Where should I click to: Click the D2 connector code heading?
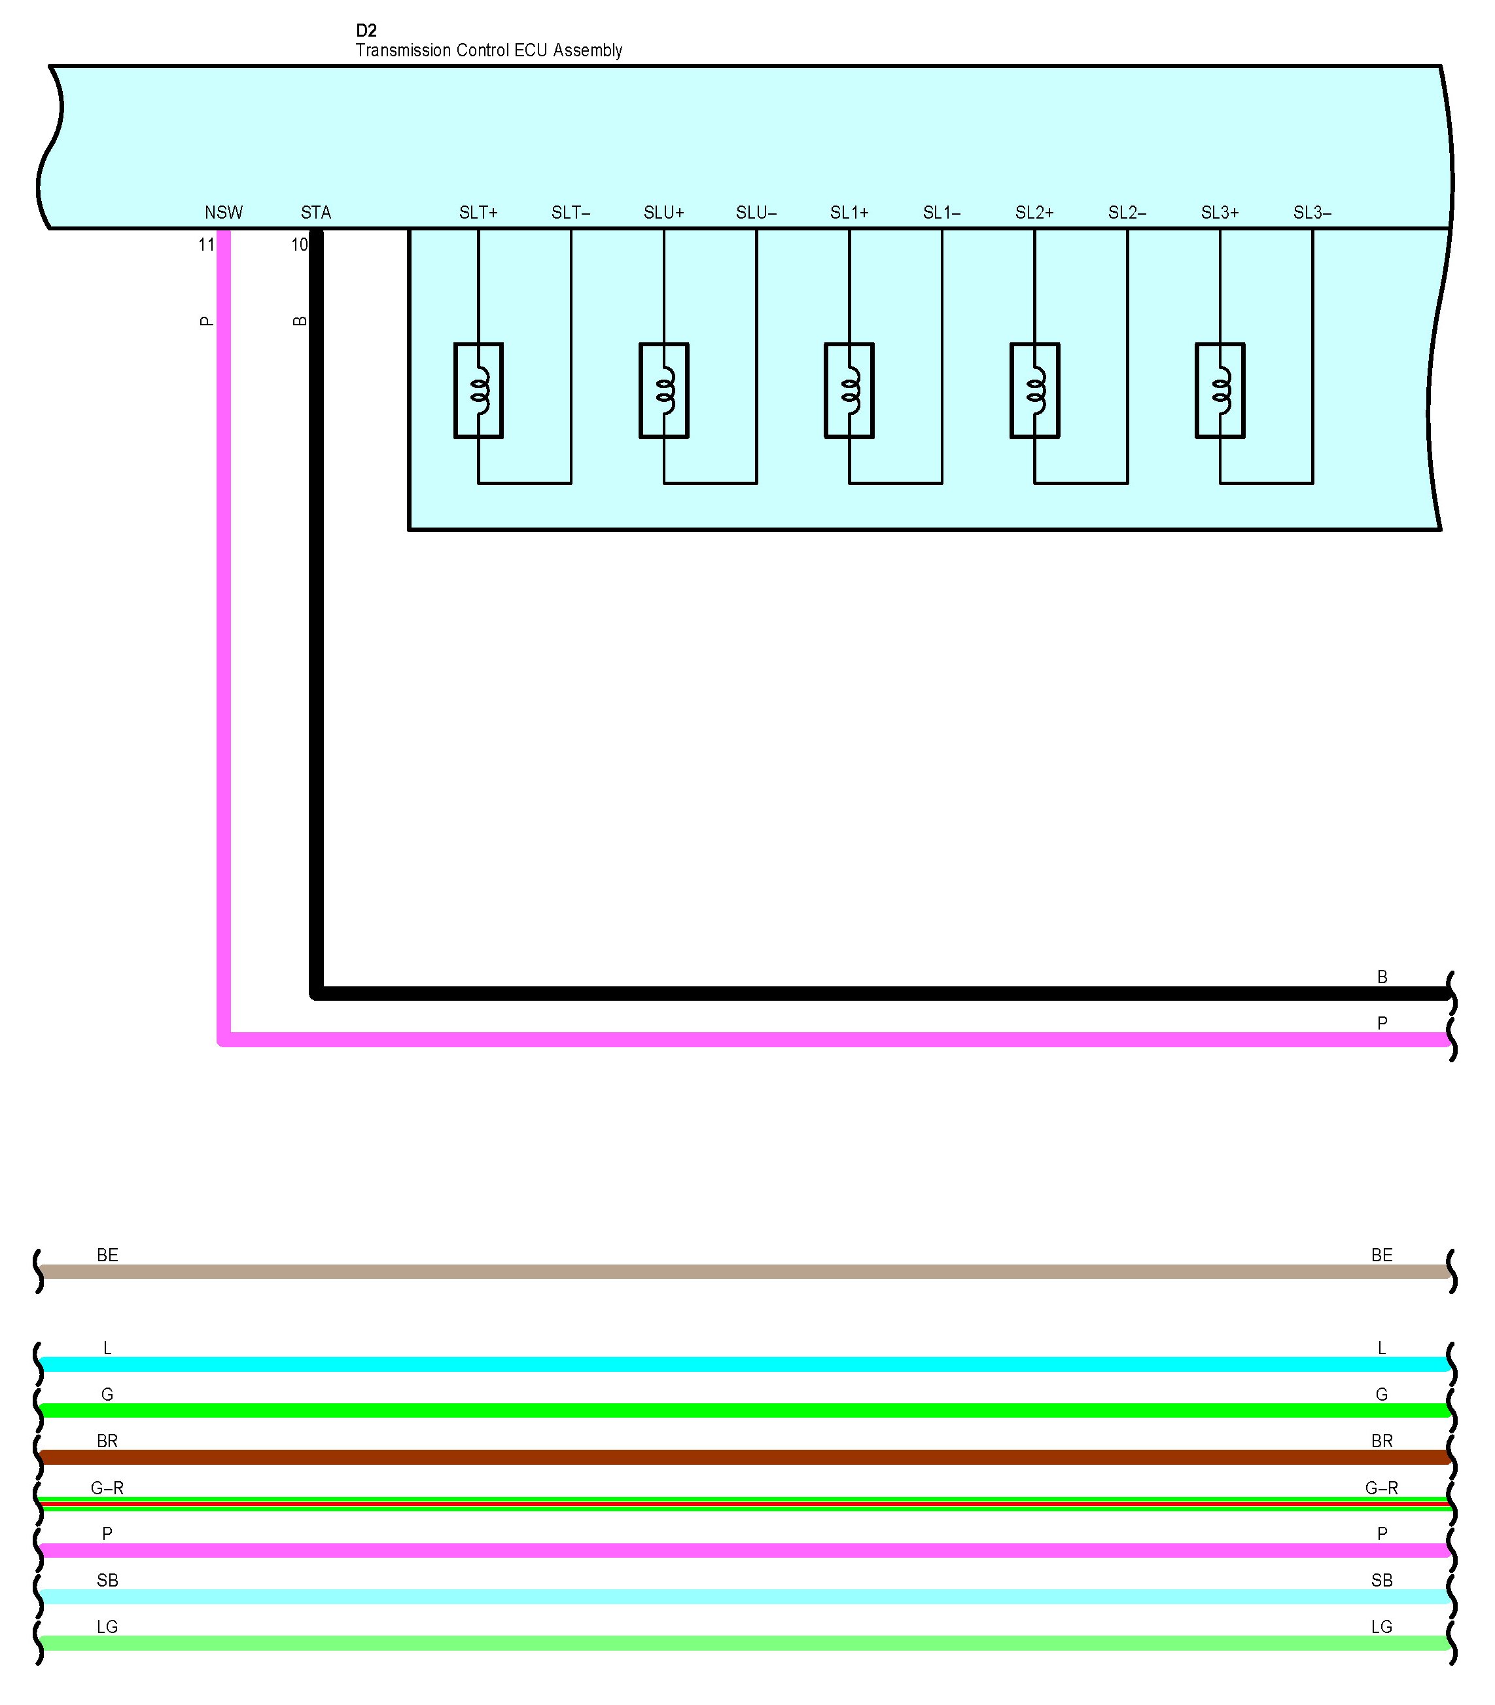[x=366, y=31]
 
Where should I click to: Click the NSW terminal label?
[x=224, y=213]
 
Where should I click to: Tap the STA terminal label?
[x=316, y=213]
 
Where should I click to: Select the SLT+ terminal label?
[x=478, y=213]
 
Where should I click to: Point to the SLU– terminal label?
[x=756, y=213]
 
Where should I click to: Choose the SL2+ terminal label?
[x=1034, y=213]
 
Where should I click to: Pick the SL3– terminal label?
[x=1312, y=213]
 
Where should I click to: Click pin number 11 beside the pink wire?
[x=206, y=244]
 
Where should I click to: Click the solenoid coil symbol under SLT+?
[x=479, y=390]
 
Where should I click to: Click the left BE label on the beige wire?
[x=107, y=1255]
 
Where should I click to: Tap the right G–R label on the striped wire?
[x=1381, y=1487]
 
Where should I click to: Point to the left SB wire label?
[x=107, y=1580]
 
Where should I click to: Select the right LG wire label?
[x=1381, y=1626]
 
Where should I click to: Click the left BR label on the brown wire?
[x=107, y=1441]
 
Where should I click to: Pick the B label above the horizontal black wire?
[x=1382, y=977]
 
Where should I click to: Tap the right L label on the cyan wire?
[x=1381, y=1348]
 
